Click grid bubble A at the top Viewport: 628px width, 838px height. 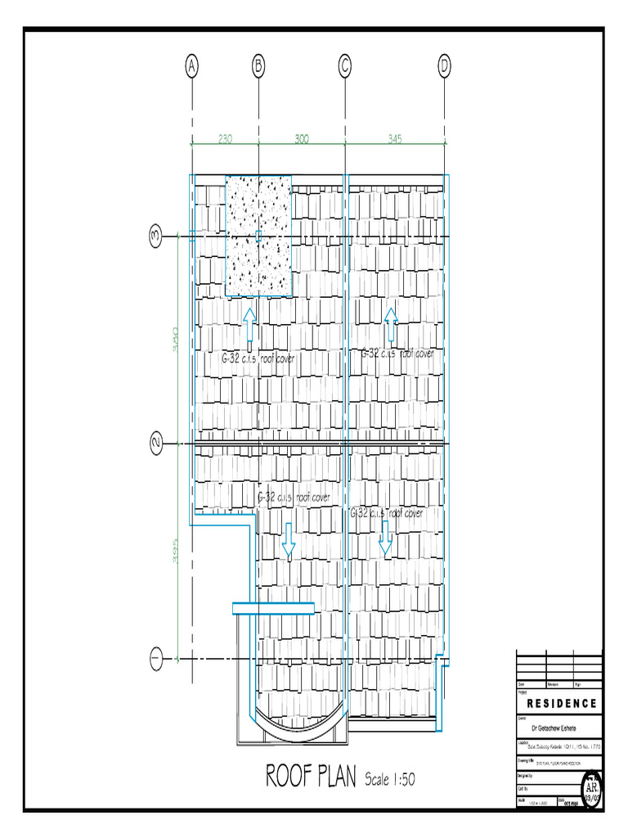point(191,66)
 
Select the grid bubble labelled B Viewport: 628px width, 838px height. point(258,66)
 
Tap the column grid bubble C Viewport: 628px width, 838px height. point(345,66)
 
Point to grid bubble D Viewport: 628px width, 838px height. point(444,66)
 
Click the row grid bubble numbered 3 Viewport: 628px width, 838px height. point(156,237)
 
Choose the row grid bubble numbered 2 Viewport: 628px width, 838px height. point(156,444)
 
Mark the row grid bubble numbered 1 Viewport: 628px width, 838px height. point(156,657)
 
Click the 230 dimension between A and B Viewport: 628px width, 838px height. point(225,139)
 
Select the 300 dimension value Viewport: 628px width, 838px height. point(301,139)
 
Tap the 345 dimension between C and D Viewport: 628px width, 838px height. point(395,139)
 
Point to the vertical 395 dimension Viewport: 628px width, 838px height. point(174,556)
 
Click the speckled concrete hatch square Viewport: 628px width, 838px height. point(258,236)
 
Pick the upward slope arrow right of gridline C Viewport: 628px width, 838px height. point(391,325)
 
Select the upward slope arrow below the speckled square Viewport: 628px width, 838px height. point(249,325)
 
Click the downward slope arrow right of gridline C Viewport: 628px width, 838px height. point(385,538)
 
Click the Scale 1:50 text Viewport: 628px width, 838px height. point(390,779)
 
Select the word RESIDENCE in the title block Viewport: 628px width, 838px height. point(561,704)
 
